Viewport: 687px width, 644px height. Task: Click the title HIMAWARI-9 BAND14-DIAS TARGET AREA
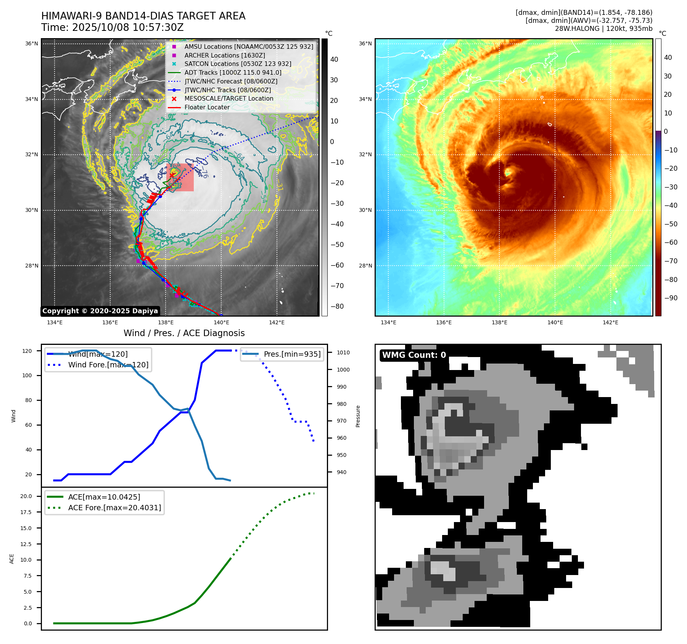tap(143, 16)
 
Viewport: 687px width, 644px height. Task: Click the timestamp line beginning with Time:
tap(113, 27)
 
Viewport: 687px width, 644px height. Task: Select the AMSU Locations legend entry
tap(249, 46)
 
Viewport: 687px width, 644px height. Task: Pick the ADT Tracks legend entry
tap(233, 72)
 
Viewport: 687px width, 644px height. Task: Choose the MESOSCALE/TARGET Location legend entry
tap(229, 98)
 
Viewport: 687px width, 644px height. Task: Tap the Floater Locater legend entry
tap(207, 107)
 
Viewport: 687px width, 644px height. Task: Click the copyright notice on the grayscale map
tap(100, 311)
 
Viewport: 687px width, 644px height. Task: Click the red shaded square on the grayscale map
tap(180, 177)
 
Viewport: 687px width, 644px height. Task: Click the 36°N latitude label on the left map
tap(32, 43)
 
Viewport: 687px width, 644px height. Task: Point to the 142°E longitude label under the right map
tap(610, 322)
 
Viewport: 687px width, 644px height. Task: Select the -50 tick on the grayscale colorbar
tap(337, 244)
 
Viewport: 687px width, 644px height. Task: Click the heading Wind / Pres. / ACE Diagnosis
tap(184, 333)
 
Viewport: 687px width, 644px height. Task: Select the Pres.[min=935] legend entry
tap(292, 354)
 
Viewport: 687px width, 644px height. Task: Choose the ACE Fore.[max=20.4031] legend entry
tap(114, 508)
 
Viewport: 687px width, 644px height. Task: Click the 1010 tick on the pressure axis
tap(343, 352)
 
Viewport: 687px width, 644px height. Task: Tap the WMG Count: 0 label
tap(414, 355)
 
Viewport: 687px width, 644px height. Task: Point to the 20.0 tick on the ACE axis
tap(26, 496)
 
